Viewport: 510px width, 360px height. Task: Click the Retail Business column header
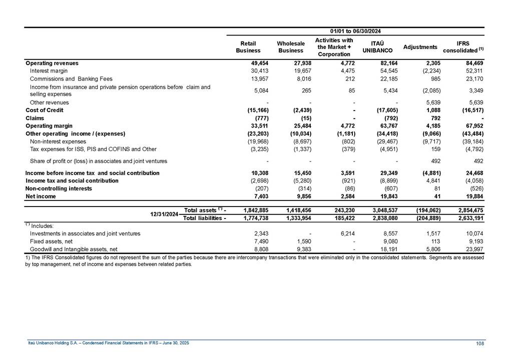click(248, 47)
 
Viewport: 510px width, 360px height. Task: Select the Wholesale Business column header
click(291, 47)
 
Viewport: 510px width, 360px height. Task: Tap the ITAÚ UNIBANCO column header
click(375, 47)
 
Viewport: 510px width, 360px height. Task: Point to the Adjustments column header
click(420, 47)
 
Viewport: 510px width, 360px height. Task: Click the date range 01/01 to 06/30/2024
click(355, 31)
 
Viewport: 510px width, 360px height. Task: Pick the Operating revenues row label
click(52, 63)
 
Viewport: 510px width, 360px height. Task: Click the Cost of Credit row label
click(45, 110)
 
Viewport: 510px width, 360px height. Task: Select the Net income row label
click(41, 196)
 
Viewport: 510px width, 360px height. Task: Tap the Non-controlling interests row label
click(59, 188)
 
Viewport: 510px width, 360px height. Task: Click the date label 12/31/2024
click(165, 214)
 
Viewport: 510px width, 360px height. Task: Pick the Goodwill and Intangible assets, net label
click(74, 248)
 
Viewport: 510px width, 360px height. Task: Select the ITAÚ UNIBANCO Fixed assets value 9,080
click(388, 241)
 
